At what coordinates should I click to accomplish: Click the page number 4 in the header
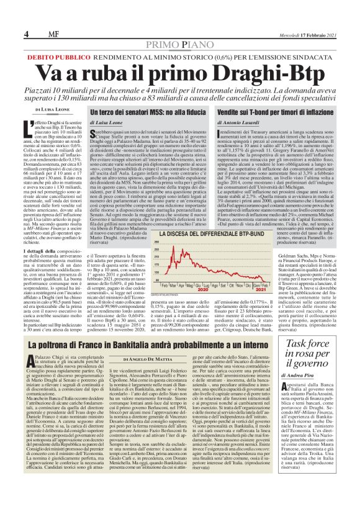(26, 33)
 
